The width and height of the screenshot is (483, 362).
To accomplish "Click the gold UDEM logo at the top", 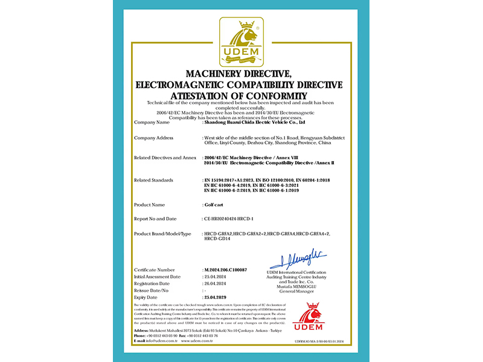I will click(241, 41).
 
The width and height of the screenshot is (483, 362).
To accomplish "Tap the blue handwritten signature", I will click(297, 261).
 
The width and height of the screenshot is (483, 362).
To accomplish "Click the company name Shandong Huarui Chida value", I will click(255, 122).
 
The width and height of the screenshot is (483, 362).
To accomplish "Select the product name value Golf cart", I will click(215, 205).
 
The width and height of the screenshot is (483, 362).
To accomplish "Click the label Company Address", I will click(154, 138).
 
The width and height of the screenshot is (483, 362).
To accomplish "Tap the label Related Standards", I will click(153, 180).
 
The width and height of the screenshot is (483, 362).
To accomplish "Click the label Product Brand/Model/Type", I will click(162, 233).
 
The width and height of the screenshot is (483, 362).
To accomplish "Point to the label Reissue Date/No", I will click(152, 291).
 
